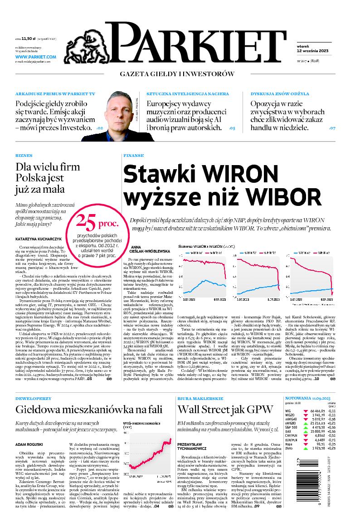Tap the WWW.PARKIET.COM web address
[x=35, y=57]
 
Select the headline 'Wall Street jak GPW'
[x=225, y=409]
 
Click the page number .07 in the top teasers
[x=332, y=128]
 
